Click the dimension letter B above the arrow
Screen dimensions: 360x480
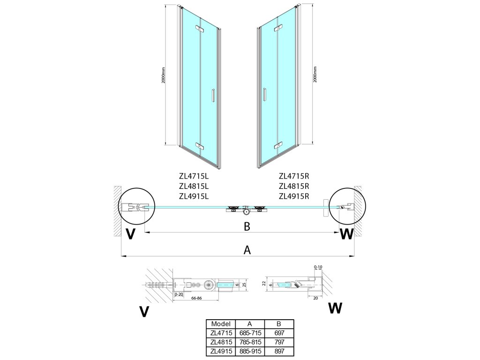point(247,226)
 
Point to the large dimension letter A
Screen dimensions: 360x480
point(247,250)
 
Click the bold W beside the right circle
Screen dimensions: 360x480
point(346,234)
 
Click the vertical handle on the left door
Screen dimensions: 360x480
point(212,95)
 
